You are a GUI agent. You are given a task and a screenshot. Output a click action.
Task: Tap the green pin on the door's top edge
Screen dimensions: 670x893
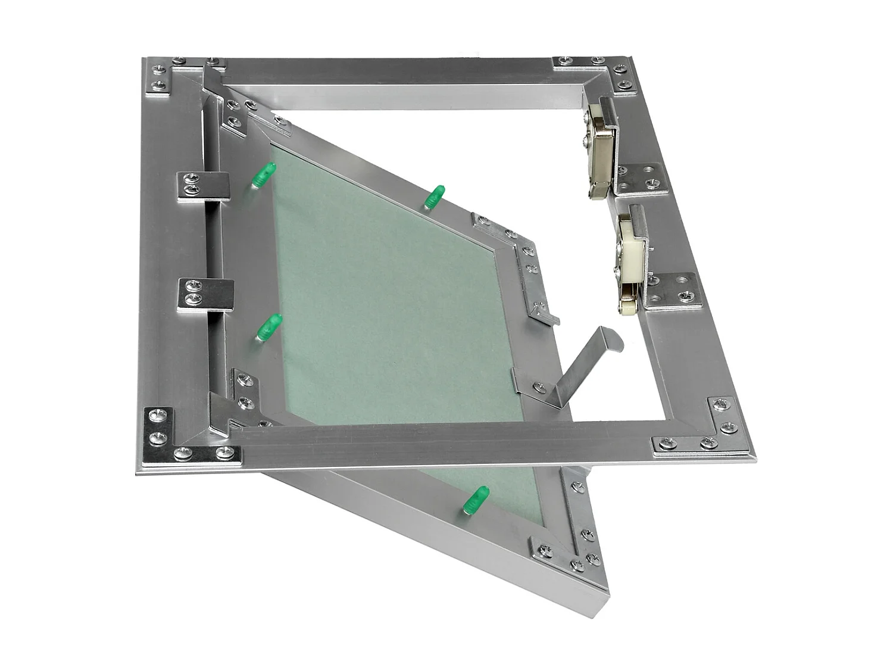[x=435, y=197]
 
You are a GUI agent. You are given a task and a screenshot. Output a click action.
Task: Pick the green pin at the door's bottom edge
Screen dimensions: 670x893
[x=476, y=499]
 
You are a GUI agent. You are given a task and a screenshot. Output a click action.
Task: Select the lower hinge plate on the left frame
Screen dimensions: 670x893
[x=206, y=295]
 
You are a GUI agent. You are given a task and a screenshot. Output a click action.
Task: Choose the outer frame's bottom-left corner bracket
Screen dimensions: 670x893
[x=173, y=441]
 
